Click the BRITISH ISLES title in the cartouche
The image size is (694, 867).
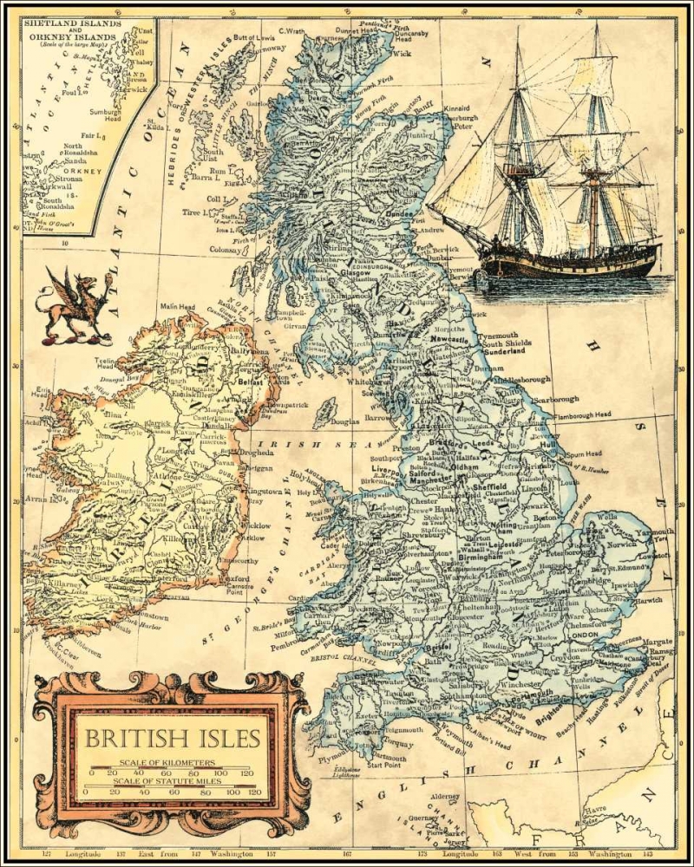pos(172,739)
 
